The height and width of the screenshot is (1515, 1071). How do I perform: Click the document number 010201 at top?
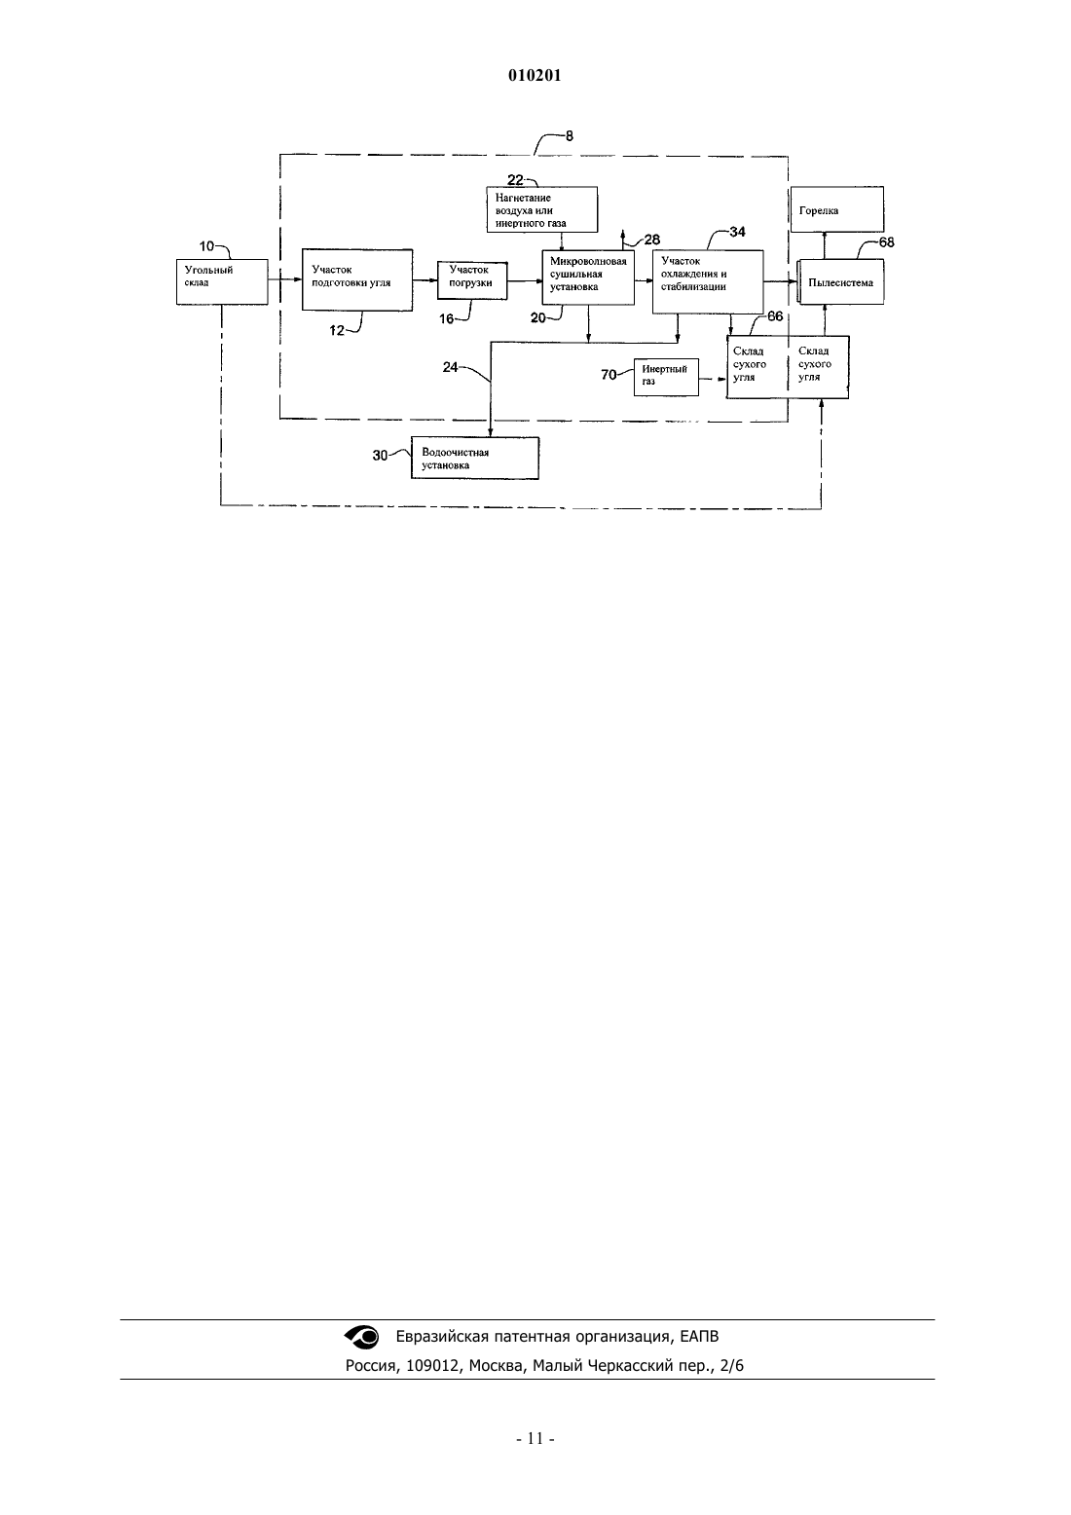point(535,75)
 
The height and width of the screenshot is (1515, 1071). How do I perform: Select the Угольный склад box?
point(222,281)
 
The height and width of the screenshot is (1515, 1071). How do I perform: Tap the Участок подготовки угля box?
point(357,280)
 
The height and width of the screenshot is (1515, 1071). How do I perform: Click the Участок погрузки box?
point(472,279)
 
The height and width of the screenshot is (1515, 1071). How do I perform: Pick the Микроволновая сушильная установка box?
point(588,277)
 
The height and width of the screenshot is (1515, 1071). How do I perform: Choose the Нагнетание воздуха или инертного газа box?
point(542,209)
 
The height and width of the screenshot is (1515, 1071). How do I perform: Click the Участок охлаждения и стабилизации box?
point(708,282)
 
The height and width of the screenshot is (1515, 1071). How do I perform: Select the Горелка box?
point(837,209)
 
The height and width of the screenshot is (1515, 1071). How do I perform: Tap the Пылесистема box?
point(840,282)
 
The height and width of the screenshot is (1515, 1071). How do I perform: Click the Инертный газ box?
point(666,377)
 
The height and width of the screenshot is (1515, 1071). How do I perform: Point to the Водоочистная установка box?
point(475,459)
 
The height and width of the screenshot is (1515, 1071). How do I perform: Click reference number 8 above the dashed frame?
point(570,136)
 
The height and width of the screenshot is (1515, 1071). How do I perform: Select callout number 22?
point(515,180)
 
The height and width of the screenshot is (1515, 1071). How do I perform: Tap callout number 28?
point(651,240)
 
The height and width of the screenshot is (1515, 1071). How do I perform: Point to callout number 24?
point(450,367)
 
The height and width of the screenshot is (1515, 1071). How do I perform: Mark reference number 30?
point(380,456)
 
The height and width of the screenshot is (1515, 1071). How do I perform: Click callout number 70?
point(609,375)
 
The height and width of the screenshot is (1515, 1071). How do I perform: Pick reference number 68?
point(886,242)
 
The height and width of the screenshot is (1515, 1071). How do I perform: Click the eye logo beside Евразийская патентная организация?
point(362,1337)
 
